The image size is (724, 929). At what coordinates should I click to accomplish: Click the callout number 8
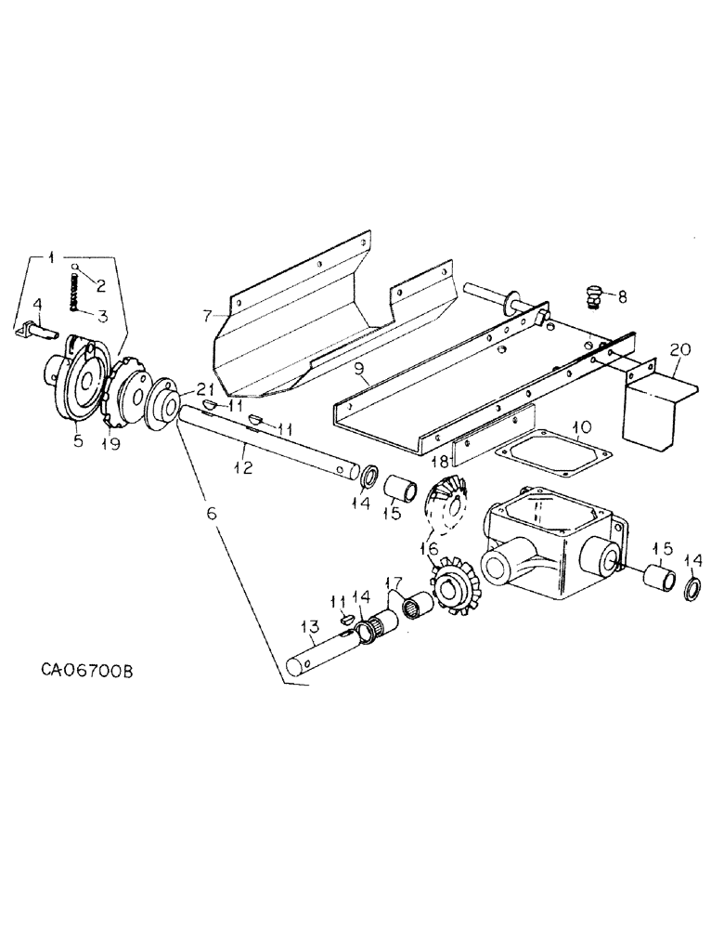point(620,297)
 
